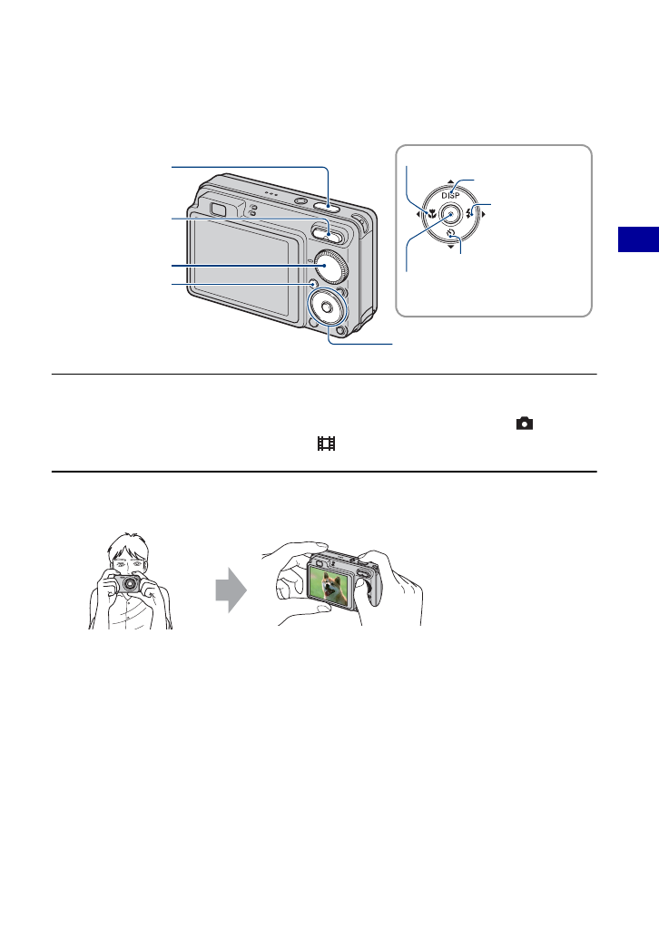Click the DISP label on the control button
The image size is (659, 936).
(451, 195)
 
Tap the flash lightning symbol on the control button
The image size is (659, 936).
(471, 215)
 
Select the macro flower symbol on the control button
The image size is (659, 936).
(432, 216)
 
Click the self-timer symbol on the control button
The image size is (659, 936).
(451, 235)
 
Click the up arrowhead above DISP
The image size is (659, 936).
(451, 182)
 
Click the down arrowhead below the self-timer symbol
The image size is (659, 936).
(451, 247)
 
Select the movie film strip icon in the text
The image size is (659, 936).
(327, 444)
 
